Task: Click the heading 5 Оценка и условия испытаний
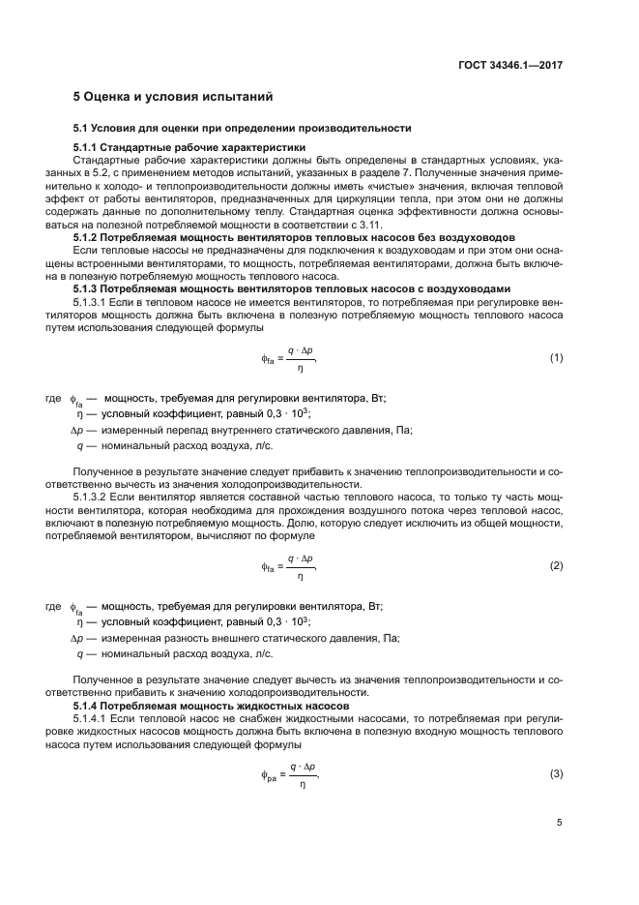174,97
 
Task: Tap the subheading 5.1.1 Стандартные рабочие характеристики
189,147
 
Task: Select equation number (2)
556,565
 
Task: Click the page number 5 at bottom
560,823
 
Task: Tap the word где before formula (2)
53,606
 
